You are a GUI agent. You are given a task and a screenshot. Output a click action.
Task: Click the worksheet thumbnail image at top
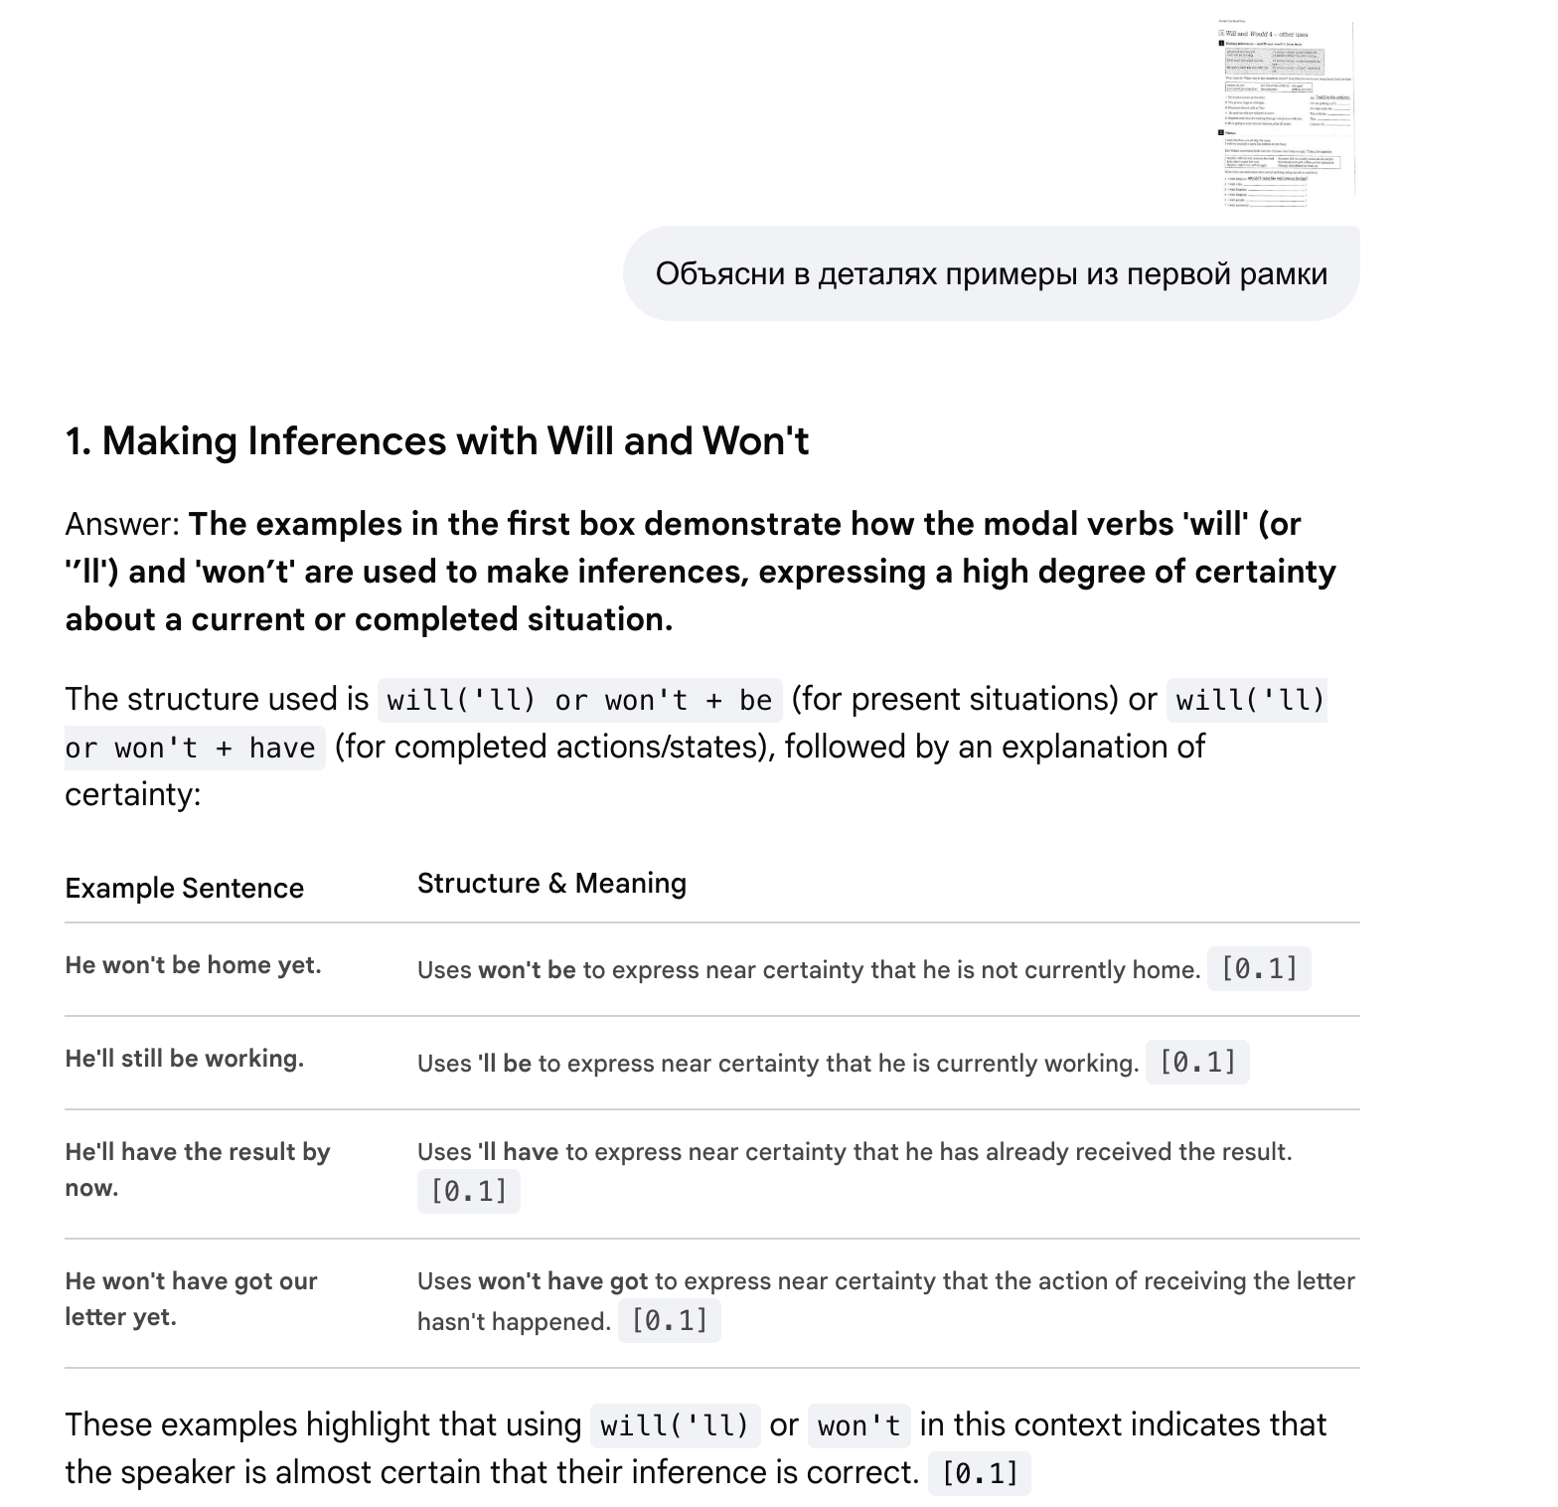tap(1287, 112)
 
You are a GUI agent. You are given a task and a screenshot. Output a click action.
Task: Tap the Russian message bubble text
tap(991, 274)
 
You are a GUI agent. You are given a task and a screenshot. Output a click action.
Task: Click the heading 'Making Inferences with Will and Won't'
tap(437, 441)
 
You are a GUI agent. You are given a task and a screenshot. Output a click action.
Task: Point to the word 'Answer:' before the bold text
tap(122, 524)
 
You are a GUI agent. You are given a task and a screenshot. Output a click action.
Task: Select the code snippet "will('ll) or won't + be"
tap(579, 701)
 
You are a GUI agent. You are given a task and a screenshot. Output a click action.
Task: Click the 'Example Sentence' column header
tap(185, 888)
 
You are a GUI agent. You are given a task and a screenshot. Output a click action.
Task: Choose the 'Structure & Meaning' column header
tap(551, 884)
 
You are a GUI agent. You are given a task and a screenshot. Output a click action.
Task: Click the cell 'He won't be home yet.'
tap(193, 965)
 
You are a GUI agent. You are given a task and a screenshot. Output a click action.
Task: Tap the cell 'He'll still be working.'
tap(185, 1059)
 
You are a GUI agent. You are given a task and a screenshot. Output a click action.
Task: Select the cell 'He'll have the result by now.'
tap(197, 1169)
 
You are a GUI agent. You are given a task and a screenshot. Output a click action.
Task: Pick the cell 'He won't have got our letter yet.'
tap(191, 1298)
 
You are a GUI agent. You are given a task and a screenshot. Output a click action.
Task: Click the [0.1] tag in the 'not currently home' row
tap(1259, 969)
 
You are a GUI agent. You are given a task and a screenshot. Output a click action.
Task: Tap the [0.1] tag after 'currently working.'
tap(1197, 1063)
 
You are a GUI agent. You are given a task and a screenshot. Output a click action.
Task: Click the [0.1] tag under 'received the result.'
tap(468, 1191)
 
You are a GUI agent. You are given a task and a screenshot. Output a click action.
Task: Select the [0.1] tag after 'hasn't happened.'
tap(669, 1321)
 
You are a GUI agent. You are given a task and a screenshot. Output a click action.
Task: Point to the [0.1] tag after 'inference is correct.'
tap(980, 1473)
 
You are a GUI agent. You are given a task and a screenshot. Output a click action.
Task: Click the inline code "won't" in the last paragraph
tap(858, 1426)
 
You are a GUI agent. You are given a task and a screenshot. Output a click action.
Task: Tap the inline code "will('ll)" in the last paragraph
tap(675, 1426)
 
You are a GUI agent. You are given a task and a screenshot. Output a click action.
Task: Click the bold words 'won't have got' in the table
tap(562, 1281)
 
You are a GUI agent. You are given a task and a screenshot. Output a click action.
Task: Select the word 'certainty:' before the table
tap(132, 795)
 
